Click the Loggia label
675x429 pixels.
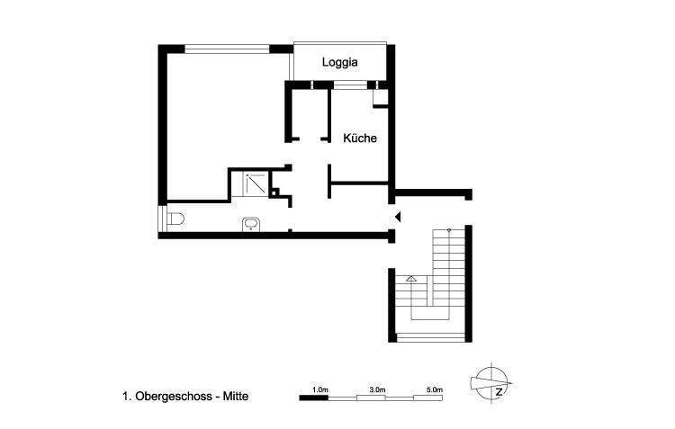pos(340,62)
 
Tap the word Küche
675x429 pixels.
pos(359,139)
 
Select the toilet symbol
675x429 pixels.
pos(175,219)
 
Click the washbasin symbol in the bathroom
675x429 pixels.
pos(251,224)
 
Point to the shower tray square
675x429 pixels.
pos(255,183)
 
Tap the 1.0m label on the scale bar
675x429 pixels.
pos(319,389)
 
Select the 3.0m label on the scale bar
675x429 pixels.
pos(377,389)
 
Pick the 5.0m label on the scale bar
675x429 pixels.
pos(434,389)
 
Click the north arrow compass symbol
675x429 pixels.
pos(490,381)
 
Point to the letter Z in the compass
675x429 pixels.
pos(497,390)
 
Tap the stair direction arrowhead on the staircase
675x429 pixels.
pos(411,280)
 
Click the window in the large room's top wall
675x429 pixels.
pos(225,48)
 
